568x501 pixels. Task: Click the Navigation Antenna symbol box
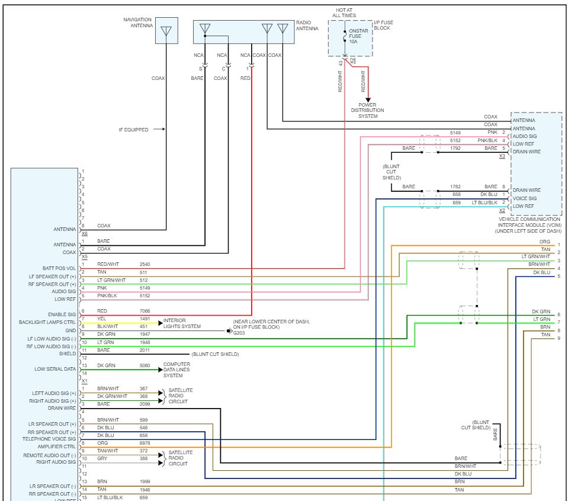coord(166,30)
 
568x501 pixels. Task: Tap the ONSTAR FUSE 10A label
coord(358,36)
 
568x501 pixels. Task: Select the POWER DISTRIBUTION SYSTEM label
coord(367,111)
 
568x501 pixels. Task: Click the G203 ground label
coord(239,333)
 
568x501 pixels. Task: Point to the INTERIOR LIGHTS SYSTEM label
coord(182,323)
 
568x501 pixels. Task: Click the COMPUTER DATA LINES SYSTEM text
coord(177,370)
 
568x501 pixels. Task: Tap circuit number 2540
coord(145,265)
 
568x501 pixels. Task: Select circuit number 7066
coord(145,311)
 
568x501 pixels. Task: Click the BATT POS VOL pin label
coord(59,268)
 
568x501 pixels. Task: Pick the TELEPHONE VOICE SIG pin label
coord(49,439)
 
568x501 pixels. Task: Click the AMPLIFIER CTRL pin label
coord(57,447)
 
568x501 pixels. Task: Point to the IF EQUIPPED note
coord(134,130)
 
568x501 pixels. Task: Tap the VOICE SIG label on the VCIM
coord(525,198)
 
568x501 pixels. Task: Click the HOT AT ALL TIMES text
coord(344,12)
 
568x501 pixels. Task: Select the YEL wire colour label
coord(101,319)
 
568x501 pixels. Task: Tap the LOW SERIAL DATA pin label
coord(55,369)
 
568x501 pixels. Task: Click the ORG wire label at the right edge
coord(545,242)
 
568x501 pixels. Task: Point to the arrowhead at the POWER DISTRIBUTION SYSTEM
coord(368,100)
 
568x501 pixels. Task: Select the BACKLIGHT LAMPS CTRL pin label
coord(47,322)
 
